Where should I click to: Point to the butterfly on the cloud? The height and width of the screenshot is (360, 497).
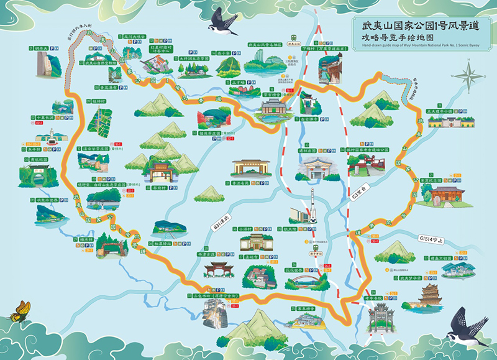click(21, 310)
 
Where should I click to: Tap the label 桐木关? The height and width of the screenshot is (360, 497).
click(41, 47)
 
